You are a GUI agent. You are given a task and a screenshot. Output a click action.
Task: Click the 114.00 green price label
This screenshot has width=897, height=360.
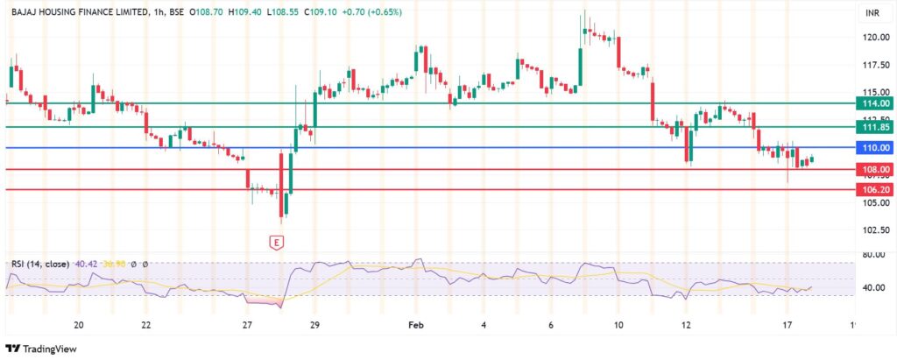point(876,103)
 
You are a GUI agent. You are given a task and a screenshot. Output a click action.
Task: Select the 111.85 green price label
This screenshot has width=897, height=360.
point(876,127)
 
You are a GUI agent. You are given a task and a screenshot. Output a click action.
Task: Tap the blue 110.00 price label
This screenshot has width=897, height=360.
point(876,148)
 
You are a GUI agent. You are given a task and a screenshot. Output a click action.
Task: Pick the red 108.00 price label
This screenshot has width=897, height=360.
point(876,169)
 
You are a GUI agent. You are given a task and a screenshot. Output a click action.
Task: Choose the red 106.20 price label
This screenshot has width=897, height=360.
point(876,189)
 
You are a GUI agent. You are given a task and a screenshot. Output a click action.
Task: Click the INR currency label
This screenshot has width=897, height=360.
point(872,13)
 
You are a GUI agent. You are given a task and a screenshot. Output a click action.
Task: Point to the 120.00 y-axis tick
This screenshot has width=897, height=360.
point(876,38)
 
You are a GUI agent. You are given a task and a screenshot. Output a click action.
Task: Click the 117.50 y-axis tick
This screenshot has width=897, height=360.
point(876,66)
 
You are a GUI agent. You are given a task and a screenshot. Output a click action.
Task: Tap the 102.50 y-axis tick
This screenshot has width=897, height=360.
point(876,230)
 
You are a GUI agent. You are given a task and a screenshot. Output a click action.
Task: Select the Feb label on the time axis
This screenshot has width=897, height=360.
point(416,325)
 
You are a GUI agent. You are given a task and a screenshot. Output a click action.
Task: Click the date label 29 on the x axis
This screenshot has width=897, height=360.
point(314,325)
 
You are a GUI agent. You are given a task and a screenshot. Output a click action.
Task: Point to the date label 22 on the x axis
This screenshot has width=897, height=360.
point(146,325)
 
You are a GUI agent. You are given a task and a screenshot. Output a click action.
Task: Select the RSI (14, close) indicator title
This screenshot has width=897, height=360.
point(39,264)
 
